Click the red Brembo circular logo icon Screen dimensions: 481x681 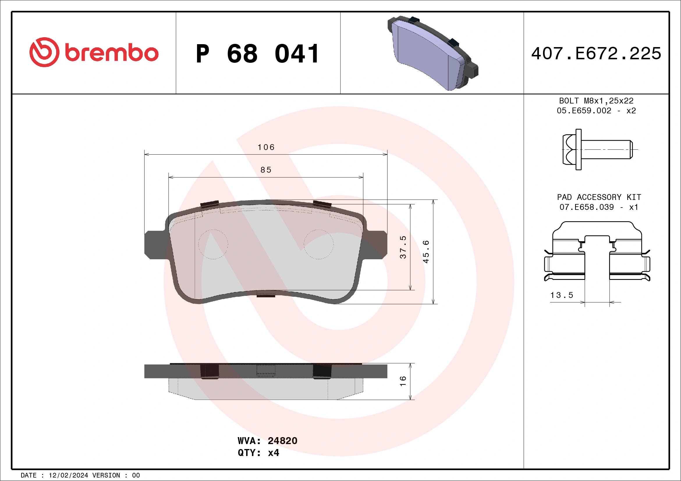click(44, 52)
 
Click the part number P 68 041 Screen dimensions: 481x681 click(258, 54)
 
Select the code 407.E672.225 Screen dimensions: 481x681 click(596, 53)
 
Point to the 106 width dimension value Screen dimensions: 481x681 click(266, 147)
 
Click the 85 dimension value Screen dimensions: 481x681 click(266, 170)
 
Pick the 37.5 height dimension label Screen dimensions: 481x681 click(403, 247)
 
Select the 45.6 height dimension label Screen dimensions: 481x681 click(426, 251)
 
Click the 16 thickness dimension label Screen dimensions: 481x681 click(403, 381)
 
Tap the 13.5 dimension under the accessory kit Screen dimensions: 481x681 click(562, 295)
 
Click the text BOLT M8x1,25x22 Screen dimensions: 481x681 click(596, 101)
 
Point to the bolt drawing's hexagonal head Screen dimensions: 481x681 click(570, 149)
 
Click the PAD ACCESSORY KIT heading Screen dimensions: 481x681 click(599, 197)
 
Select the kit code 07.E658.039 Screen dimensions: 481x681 click(586, 207)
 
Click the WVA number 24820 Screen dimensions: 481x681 click(282, 441)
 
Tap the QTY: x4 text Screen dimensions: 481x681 click(258, 453)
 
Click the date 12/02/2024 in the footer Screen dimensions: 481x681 click(68, 475)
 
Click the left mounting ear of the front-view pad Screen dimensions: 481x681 click(155, 245)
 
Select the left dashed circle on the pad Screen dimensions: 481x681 click(213, 244)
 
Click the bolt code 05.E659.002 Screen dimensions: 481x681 click(584, 111)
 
